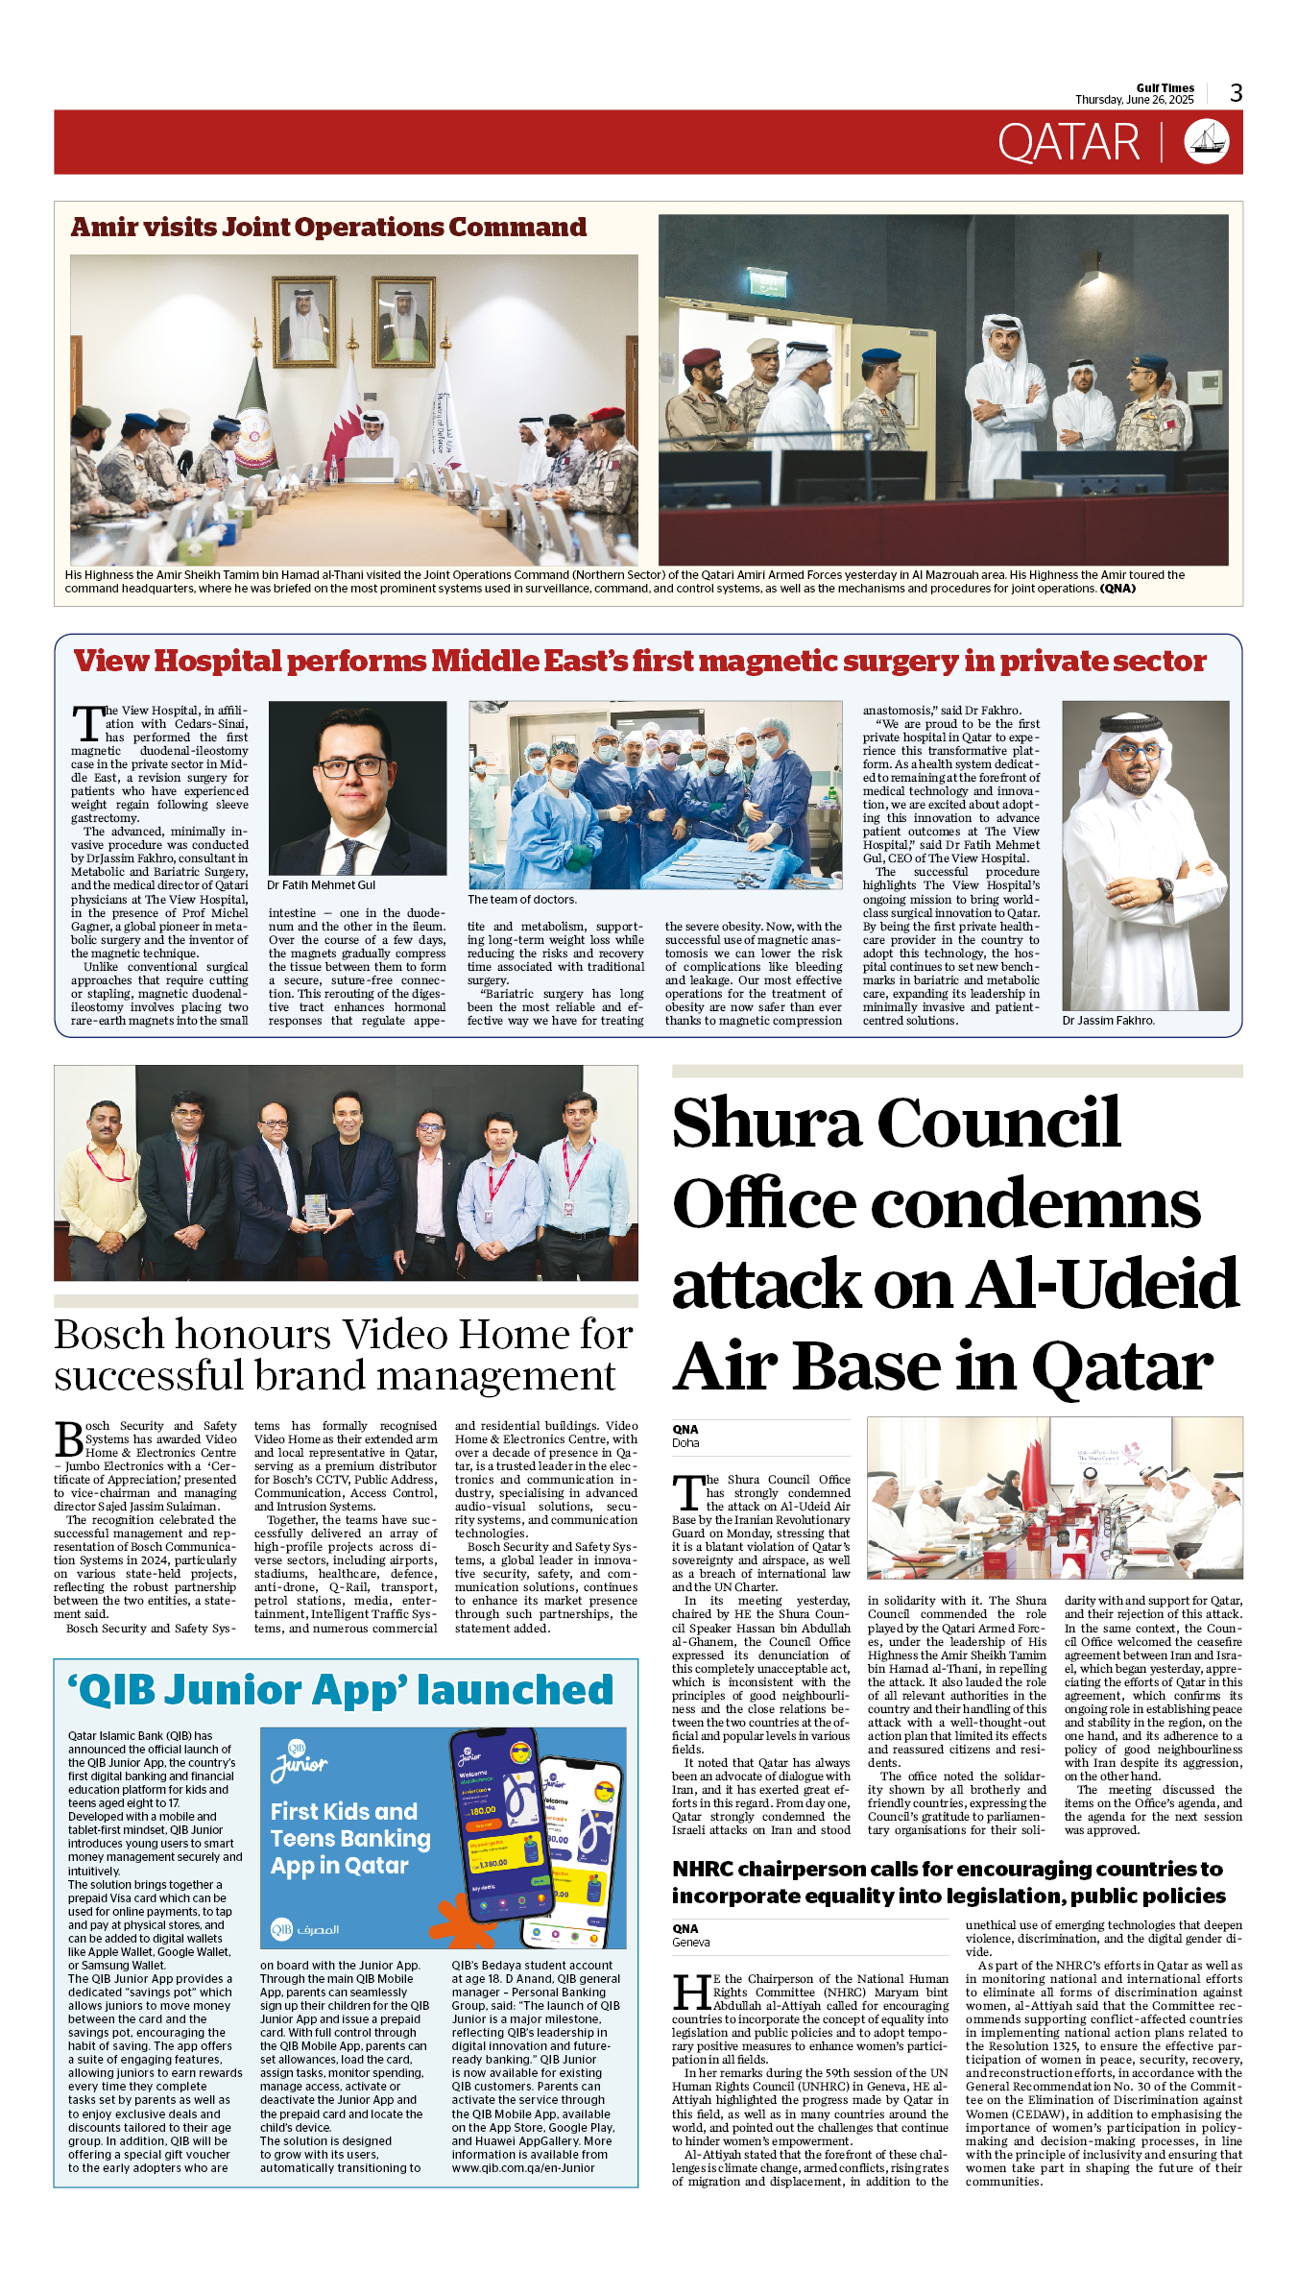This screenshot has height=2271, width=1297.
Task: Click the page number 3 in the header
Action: tap(1237, 93)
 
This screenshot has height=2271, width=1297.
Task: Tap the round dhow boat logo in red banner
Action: tap(1206, 142)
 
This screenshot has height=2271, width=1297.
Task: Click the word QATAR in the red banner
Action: tap(1069, 143)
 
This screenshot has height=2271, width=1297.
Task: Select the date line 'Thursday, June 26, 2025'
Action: tap(1134, 100)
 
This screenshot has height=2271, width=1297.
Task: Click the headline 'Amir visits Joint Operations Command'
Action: tap(328, 228)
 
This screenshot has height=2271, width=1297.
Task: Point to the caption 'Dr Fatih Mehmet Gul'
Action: tap(321, 885)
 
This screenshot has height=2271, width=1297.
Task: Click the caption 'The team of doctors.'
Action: tap(522, 900)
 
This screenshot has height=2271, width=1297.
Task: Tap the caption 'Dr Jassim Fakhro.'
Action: tap(1108, 1021)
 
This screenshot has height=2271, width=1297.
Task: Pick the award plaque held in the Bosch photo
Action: tap(316, 1209)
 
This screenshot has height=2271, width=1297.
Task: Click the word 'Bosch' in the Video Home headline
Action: tap(109, 1335)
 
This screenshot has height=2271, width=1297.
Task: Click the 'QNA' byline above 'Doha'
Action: tap(685, 1430)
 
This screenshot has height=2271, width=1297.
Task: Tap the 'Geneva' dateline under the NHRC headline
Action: tap(691, 1943)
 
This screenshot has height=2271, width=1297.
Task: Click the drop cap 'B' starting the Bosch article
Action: tap(69, 1439)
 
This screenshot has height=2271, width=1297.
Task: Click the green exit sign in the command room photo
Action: tap(768, 286)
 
